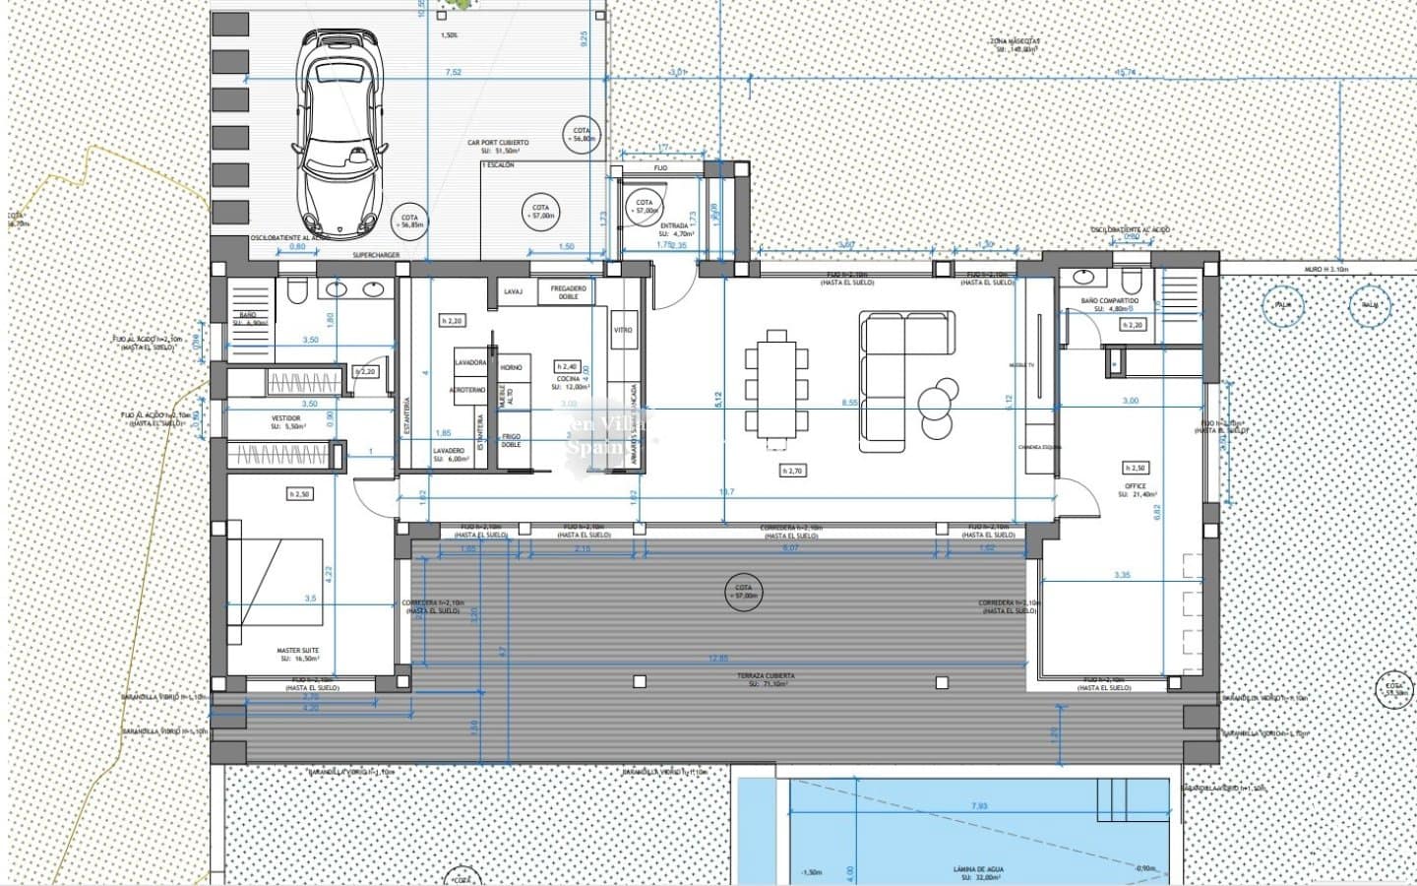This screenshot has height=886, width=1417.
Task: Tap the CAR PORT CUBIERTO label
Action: click(x=498, y=146)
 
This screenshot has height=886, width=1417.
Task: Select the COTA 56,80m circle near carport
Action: click(x=582, y=135)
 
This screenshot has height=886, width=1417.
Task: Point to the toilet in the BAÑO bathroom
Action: click(x=296, y=290)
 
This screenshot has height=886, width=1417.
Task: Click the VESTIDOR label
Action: click(x=285, y=420)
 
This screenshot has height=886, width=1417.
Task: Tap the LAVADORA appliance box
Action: click(x=470, y=362)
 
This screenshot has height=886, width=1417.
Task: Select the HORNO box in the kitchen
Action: click(x=511, y=367)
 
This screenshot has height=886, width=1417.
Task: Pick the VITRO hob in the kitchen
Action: click(x=622, y=330)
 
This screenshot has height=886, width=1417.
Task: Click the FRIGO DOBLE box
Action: click(x=511, y=440)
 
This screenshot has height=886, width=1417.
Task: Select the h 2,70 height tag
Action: click(x=791, y=471)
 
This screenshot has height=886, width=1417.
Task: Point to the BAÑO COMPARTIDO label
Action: click(x=1109, y=303)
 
